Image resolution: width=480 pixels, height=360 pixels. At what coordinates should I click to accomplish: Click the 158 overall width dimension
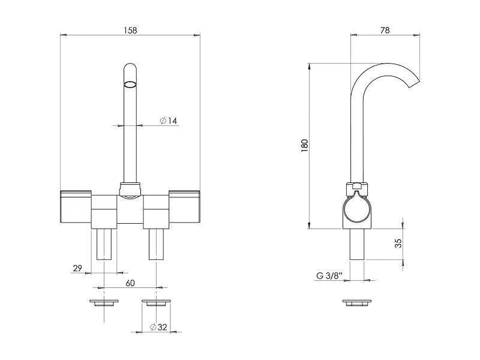(130, 31)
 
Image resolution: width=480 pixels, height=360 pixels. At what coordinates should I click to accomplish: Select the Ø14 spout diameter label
(169, 121)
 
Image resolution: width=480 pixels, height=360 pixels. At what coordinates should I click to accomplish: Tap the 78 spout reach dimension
(385, 31)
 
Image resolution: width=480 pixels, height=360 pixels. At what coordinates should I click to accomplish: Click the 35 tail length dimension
(398, 244)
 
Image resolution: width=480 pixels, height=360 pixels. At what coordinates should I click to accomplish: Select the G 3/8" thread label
(329, 276)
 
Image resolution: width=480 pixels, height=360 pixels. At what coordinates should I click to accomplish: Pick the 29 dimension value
(77, 268)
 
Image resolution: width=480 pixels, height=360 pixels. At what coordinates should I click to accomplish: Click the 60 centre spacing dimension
(130, 283)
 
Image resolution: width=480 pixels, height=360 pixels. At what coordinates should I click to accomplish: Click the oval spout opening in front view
(130, 83)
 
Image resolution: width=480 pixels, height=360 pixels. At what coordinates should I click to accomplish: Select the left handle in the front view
(76, 208)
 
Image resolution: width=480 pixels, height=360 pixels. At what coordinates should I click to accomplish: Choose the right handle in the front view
(184, 208)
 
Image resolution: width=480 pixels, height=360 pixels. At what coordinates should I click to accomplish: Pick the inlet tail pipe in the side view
(357, 244)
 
